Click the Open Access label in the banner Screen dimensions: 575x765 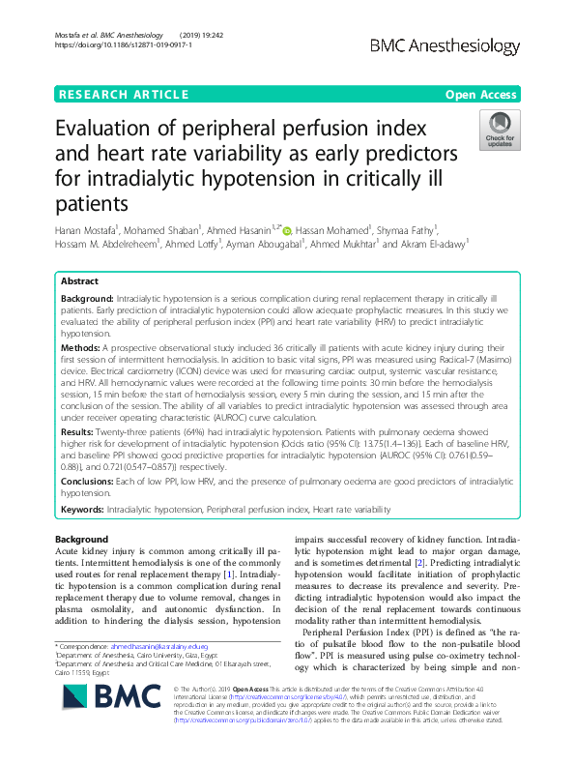482,94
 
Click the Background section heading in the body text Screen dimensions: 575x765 81,539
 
